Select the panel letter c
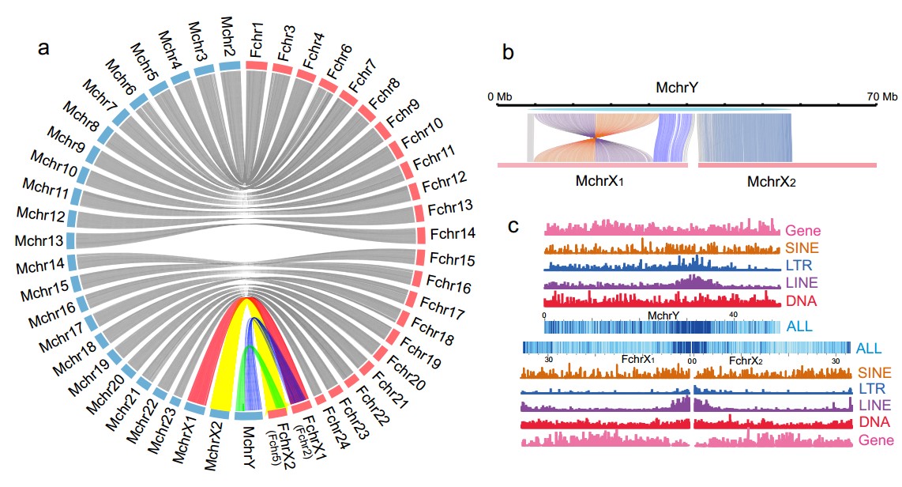point(513,227)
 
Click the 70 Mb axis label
point(882,96)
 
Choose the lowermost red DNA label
point(872,421)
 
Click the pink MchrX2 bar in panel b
point(787,164)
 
